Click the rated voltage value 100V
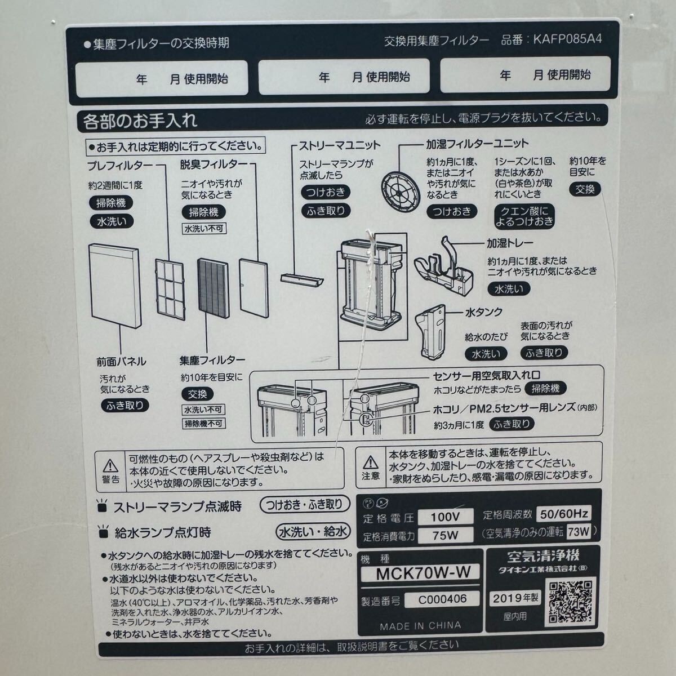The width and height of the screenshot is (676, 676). [x=445, y=517]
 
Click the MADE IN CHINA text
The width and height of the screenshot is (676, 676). [x=420, y=625]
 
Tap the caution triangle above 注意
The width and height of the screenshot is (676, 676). [x=370, y=463]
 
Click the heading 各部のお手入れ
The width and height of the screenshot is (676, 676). [x=140, y=120]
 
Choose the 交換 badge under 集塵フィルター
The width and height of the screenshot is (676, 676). [x=198, y=394]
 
